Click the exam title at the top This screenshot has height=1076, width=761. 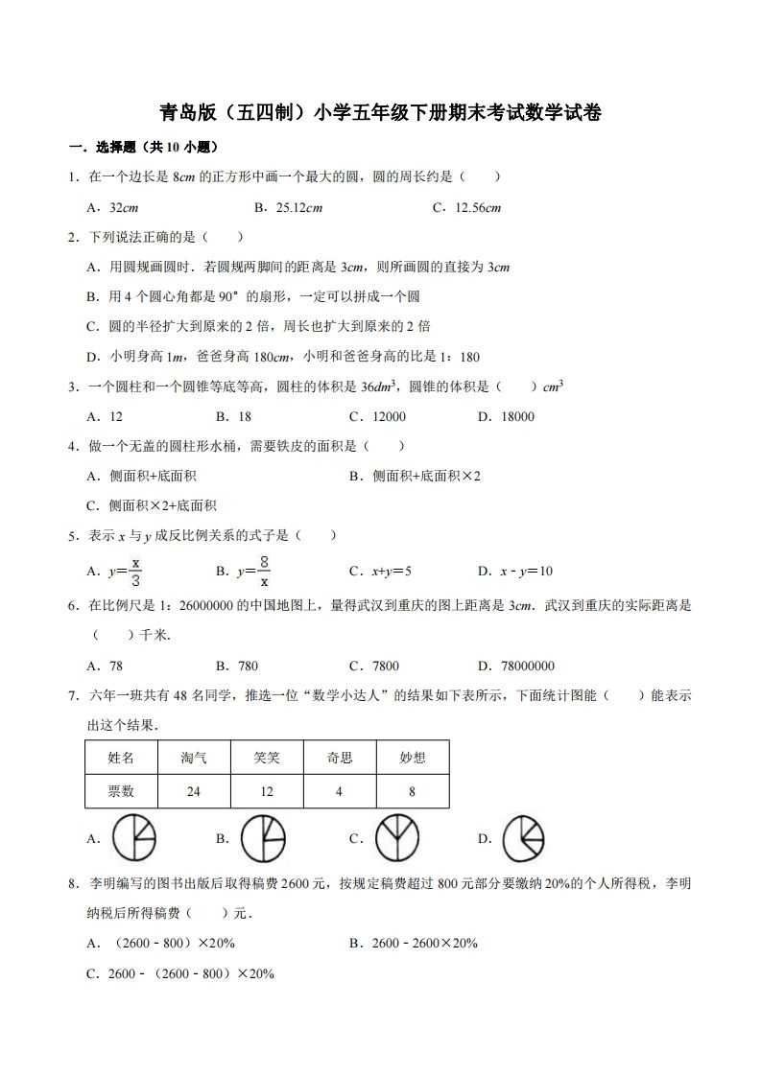click(x=380, y=113)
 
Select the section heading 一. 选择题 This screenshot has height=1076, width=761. click(x=144, y=148)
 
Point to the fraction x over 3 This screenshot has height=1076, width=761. click(x=136, y=571)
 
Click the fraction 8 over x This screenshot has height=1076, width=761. click(x=263, y=571)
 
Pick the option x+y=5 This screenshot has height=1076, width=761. click(x=392, y=572)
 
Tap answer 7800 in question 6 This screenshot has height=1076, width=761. click(x=384, y=666)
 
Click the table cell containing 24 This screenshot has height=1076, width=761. click(x=194, y=791)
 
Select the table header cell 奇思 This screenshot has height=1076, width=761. click(x=340, y=758)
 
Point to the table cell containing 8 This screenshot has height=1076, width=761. click(x=413, y=791)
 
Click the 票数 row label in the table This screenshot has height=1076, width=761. click(x=121, y=791)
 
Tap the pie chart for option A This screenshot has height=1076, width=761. click(x=134, y=838)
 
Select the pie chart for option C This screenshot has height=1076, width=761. click(x=395, y=838)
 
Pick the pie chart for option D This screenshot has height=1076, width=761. click(x=524, y=838)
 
